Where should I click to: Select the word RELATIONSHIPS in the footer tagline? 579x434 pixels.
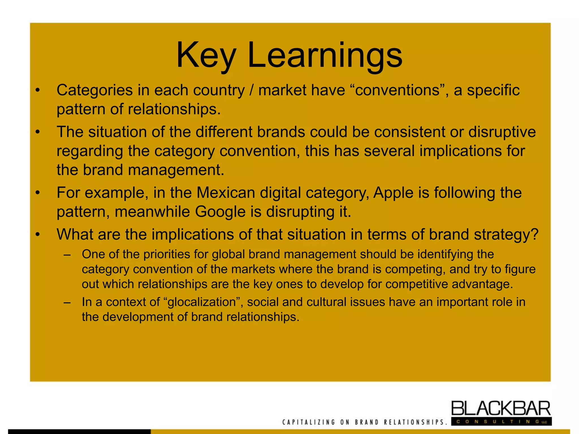point(415,422)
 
